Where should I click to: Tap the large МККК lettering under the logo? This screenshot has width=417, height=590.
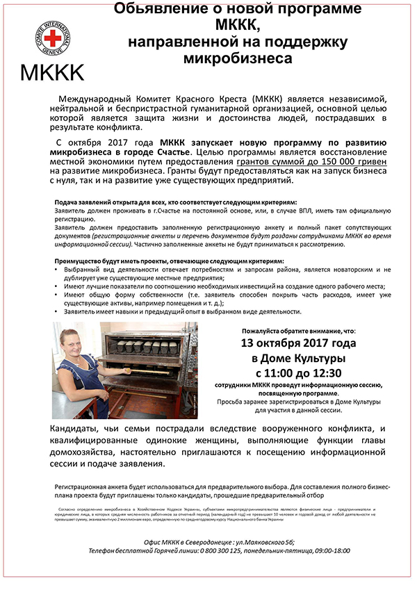(x=52, y=72)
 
